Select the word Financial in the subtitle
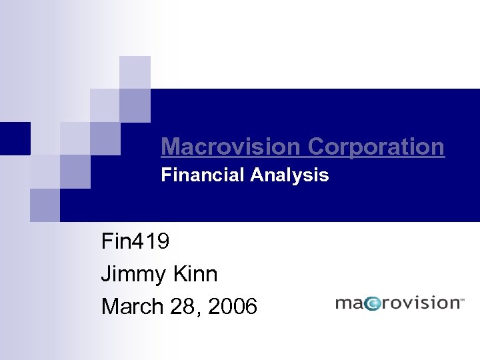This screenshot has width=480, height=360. tap(203, 175)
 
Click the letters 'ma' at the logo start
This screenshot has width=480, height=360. tap(351, 304)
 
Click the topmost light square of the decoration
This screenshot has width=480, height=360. tap(135, 72)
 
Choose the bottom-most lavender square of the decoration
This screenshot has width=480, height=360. tap(45, 205)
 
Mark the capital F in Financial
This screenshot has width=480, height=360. tap(165, 175)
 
